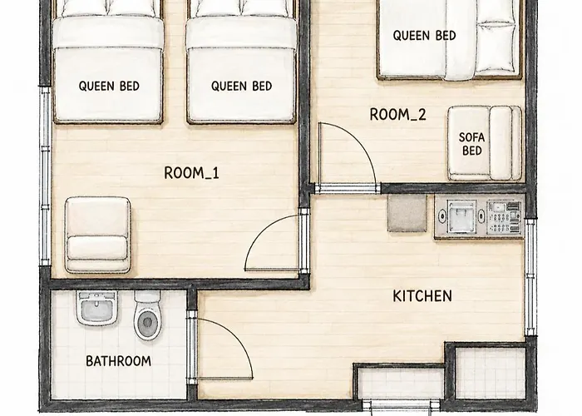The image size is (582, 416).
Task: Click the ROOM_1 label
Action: click(191, 173)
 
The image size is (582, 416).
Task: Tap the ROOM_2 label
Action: click(398, 115)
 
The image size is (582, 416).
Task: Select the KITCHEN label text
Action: click(422, 296)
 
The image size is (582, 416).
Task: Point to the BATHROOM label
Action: click(118, 361)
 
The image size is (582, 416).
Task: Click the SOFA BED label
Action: click(471, 144)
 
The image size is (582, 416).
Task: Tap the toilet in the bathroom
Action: click(148, 315)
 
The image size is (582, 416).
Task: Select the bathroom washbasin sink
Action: click(97, 308)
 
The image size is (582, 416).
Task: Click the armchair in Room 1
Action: click(97, 235)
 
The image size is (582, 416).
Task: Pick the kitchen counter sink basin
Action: click(461, 215)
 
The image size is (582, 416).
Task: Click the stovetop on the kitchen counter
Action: click(504, 218)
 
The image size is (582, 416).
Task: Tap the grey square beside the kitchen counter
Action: click(407, 213)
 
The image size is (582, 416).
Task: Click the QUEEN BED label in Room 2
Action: click(424, 36)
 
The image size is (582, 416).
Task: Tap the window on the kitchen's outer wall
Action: click(530, 277)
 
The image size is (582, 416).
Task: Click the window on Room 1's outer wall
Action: click(45, 176)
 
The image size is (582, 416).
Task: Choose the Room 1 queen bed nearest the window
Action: click(108, 62)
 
